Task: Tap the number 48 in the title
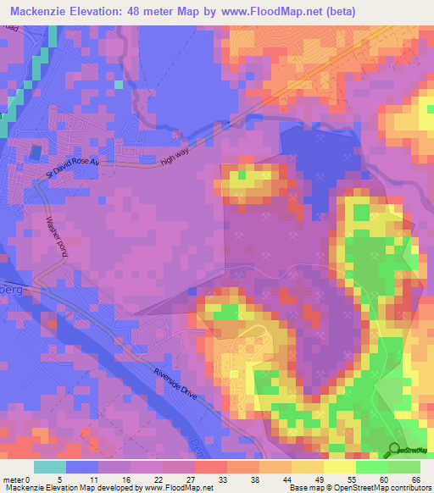[136, 11]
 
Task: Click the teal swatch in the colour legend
[49, 467]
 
